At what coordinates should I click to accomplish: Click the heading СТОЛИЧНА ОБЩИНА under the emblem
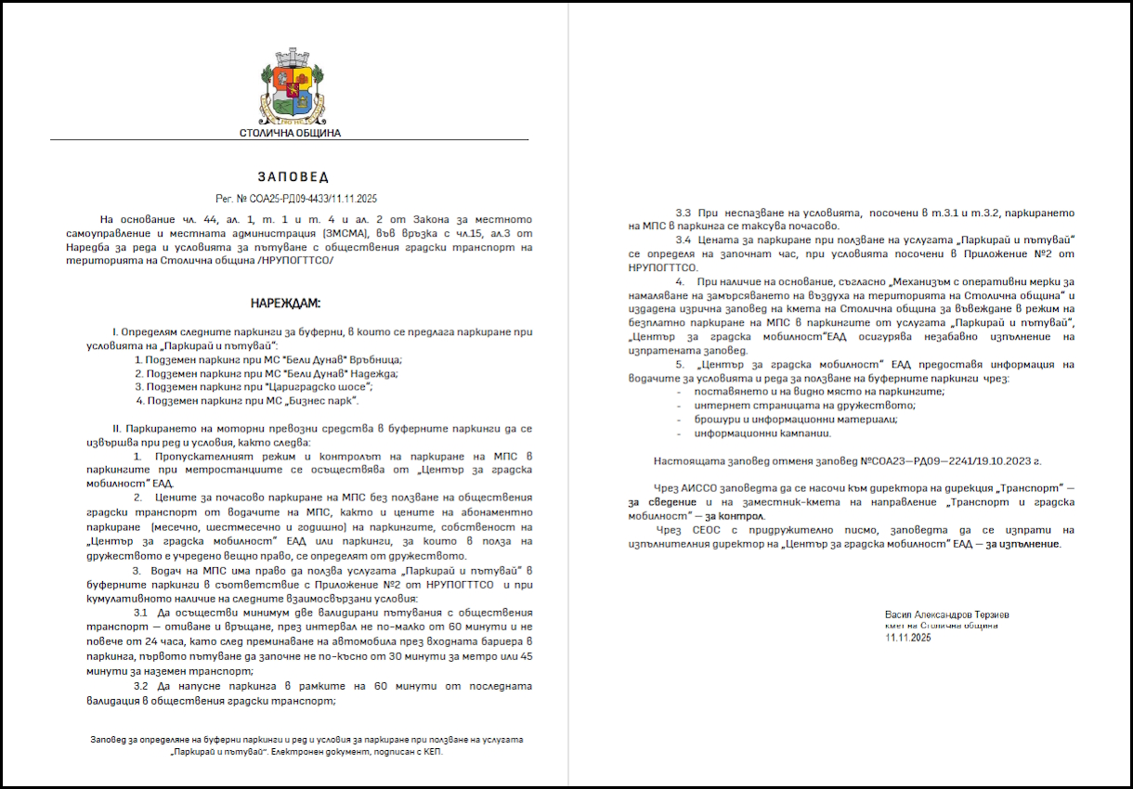click(x=290, y=133)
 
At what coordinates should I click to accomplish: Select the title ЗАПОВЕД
click(x=292, y=176)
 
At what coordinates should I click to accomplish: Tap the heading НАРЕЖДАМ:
click(x=286, y=304)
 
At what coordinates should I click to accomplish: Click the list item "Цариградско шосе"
click(x=245, y=386)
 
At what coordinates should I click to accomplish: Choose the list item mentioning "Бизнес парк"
click(x=247, y=400)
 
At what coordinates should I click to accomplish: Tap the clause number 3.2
click(x=139, y=686)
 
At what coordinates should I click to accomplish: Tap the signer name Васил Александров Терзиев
click(x=946, y=614)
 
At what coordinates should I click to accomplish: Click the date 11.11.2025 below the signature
click(x=908, y=638)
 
